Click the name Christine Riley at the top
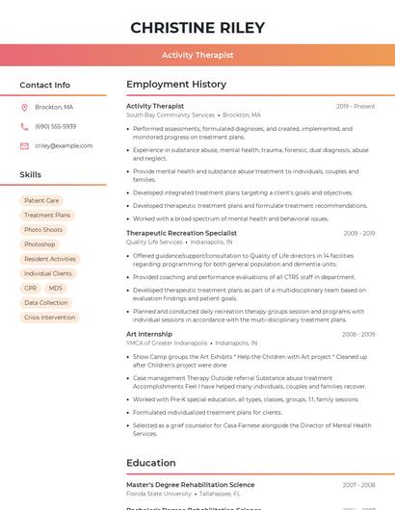tap(197, 27)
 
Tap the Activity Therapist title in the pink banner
tap(197, 56)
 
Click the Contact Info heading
tap(45, 86)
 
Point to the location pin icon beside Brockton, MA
tap(24, 107)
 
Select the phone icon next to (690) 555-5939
tap(24, 126)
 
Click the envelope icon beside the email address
tap(24, 145)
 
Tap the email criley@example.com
tap(64, 145)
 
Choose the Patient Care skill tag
tap(41, 201)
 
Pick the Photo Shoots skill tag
tap(43, 230)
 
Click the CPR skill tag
tap(31, 288)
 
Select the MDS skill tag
tap(56, 288)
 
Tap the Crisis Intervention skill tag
tap(49, 317)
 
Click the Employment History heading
tap(176, 85)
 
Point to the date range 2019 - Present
tap(355, 106)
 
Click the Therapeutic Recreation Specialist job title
tap(181, 233)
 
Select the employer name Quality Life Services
tap(154, 242)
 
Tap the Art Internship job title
tap(149, 334)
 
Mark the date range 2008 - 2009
tap(358, 334)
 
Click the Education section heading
tap(151, 462)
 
